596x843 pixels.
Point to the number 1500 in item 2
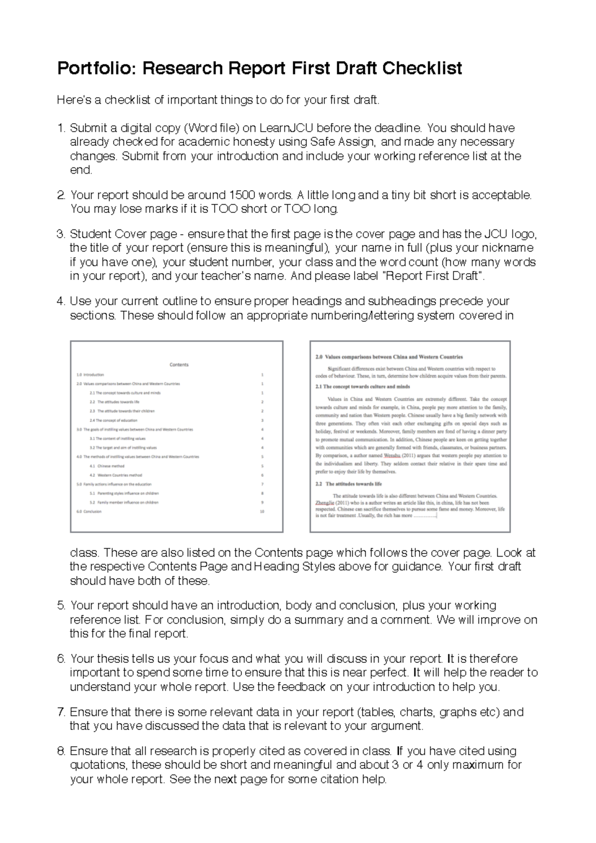click(x=241, y=195)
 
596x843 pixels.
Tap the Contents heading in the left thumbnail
click(x=179, y=364)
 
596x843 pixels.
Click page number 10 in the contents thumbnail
click(x=262, y=511)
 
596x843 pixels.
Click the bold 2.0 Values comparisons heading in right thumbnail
click(x=389, y=357)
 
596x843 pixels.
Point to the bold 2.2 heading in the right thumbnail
click(x=349, y=484)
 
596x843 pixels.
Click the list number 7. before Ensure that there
click(x=61, y=712)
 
